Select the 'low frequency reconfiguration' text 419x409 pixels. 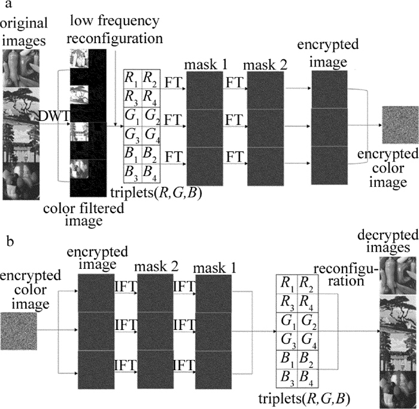[115, 31]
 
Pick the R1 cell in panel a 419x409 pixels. [130, 77]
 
